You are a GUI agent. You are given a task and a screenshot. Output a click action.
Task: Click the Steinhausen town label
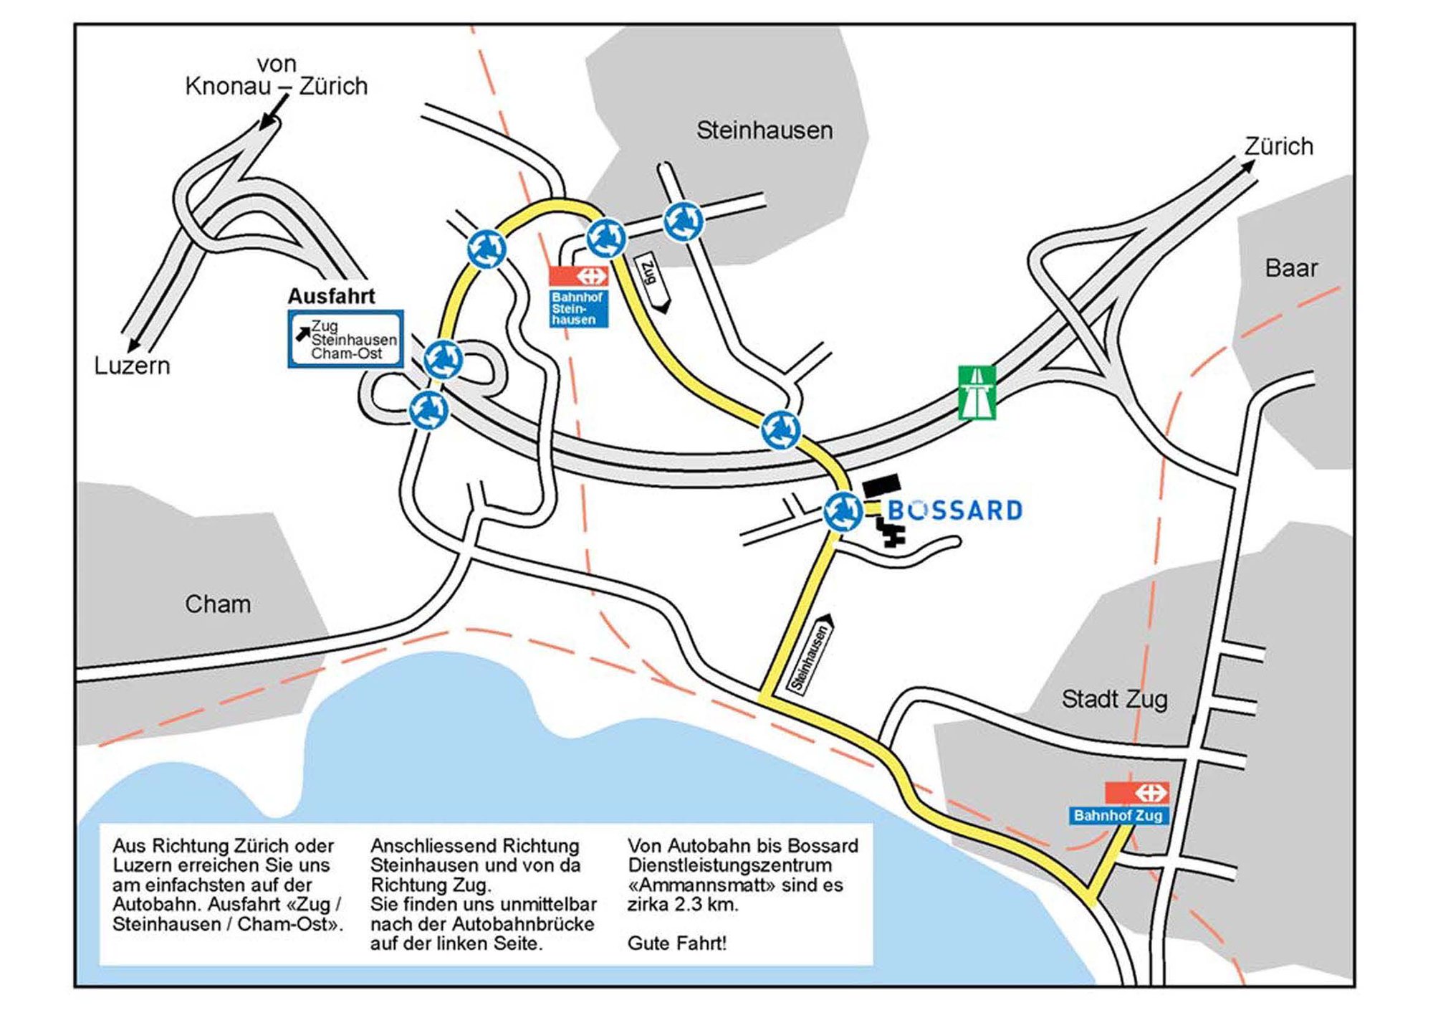coord(765,130)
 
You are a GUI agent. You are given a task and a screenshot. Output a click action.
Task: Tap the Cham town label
coord(218,604)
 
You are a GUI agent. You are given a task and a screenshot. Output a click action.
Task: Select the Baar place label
coord(1291,268)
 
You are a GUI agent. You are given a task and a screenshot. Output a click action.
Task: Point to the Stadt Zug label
coord(1114,699)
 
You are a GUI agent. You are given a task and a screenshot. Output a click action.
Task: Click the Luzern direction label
coord(133,366)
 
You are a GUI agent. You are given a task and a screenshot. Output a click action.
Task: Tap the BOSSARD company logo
coord(954,510)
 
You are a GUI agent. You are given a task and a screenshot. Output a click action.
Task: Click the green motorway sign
coord(977,392)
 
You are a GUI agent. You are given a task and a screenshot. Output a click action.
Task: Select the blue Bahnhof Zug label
coord(1118,815)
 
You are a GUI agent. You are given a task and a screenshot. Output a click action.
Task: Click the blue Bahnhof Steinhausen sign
coord(578,308)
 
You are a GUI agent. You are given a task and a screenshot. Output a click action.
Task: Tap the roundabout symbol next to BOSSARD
coord(843,512)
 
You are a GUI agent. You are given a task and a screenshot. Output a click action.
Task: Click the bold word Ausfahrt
coord(332,296)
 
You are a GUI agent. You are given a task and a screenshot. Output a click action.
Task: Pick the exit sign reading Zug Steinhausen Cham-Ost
coord(345,339)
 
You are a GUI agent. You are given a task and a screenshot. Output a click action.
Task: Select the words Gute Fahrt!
coord(677,943)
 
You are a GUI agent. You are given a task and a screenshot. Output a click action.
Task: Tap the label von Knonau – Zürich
coord(277,75)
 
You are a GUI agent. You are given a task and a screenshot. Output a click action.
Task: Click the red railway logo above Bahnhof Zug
coord(1136,793)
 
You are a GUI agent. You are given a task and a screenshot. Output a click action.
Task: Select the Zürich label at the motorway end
coord(1279,146)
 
